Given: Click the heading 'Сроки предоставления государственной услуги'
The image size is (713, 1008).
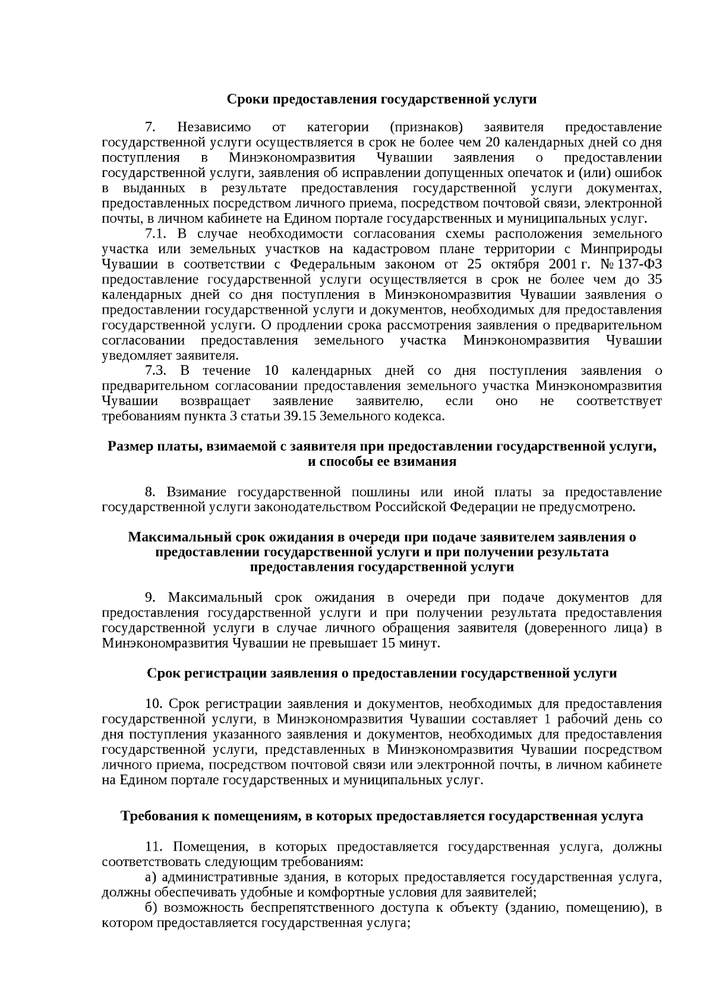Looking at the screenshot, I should [381, 99].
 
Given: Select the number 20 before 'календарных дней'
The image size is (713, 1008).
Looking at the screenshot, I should [493, 143].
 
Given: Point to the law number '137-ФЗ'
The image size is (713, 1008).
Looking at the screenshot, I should [642, 264].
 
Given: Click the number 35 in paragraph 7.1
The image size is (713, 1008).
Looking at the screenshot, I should [655, 280].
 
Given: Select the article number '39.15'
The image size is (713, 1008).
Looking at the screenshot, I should [299, 416].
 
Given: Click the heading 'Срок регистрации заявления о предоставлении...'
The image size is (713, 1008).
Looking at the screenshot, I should [381, 674].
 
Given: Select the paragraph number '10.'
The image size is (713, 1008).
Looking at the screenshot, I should [154, 704].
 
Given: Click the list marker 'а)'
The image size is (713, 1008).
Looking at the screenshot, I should [151, 877].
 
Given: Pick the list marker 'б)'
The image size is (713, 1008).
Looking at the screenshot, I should [151, 908].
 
